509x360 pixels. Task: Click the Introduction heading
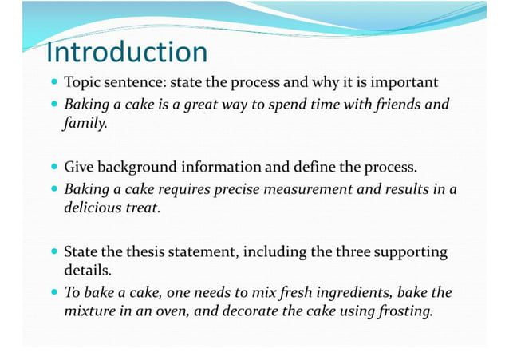[127, 52]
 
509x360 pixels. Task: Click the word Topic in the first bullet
[82, 83]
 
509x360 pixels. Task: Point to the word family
[84, 124]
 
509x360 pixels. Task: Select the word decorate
[247, 312]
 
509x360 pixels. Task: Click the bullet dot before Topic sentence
[53, 84]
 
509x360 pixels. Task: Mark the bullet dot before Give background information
[53, 168]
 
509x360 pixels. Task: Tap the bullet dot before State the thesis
[53, 253]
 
